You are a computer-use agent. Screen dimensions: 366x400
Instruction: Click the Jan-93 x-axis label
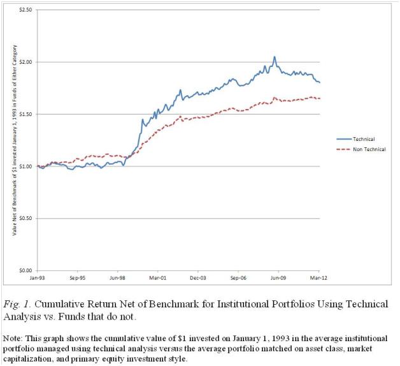[x=38, y=279]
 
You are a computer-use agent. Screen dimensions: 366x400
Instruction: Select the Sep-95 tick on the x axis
[x=78, y=279]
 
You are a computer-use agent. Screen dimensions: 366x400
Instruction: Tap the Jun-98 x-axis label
[x=118, y=279]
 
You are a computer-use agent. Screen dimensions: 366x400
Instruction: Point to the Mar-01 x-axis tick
[x=158, y=279]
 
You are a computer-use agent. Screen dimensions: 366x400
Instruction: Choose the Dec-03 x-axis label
[x=199, y=279]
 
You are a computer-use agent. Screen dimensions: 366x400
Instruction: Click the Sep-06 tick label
[x=238, y=279]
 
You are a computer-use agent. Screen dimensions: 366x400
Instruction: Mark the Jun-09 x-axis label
[x=279, y=279]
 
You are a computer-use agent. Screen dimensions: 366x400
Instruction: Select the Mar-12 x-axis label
[x=318, y=279]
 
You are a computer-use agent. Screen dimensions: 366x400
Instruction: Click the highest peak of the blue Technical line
[x=275, y=57]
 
